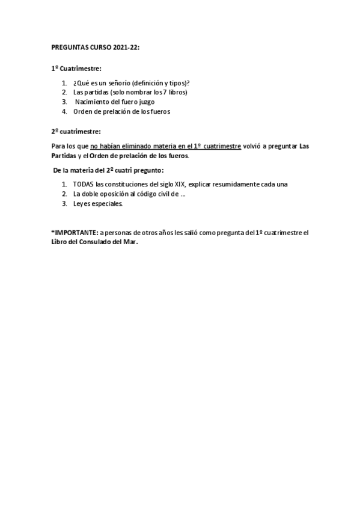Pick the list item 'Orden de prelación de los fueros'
[121, 111]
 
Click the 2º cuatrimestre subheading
[76, 131]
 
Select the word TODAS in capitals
[83, 184]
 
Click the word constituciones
[125, 184]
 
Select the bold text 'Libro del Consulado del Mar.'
[95, 241]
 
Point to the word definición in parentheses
[155, 83]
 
